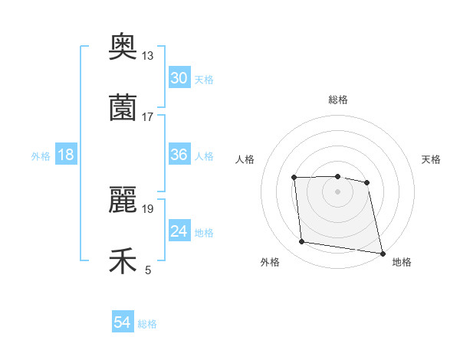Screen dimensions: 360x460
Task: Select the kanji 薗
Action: (x=123, y=108)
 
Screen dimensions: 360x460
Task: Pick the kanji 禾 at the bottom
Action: (x=123, y=261)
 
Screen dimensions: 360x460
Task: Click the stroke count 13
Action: (x=147, y=56)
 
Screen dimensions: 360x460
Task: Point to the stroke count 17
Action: (x=147, y=116)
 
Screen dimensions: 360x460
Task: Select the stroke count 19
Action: (x=147, y=208)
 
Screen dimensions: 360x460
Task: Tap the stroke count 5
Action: (x=148, y=270)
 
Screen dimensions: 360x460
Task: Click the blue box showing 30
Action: (x=179, y=78)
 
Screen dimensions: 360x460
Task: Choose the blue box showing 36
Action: (x=179, y=155)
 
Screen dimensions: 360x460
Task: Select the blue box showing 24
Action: (x=179, y=231)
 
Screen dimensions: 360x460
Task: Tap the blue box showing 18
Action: (x=66, y=155)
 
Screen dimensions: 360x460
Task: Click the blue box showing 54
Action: (x=123, y=322)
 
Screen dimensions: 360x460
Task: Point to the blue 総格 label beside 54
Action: (x=147, y=324)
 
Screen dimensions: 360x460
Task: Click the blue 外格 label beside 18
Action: (x=41, y=156)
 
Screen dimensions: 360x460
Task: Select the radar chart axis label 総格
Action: (x=338, y=100)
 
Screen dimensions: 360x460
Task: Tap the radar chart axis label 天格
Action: (x=432, y=159)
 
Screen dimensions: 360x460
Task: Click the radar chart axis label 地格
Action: (x=402, y=262)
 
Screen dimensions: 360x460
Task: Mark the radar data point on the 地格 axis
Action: (x=381, y=253)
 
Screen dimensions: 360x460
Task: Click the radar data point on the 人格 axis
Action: (x=294, y=178)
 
